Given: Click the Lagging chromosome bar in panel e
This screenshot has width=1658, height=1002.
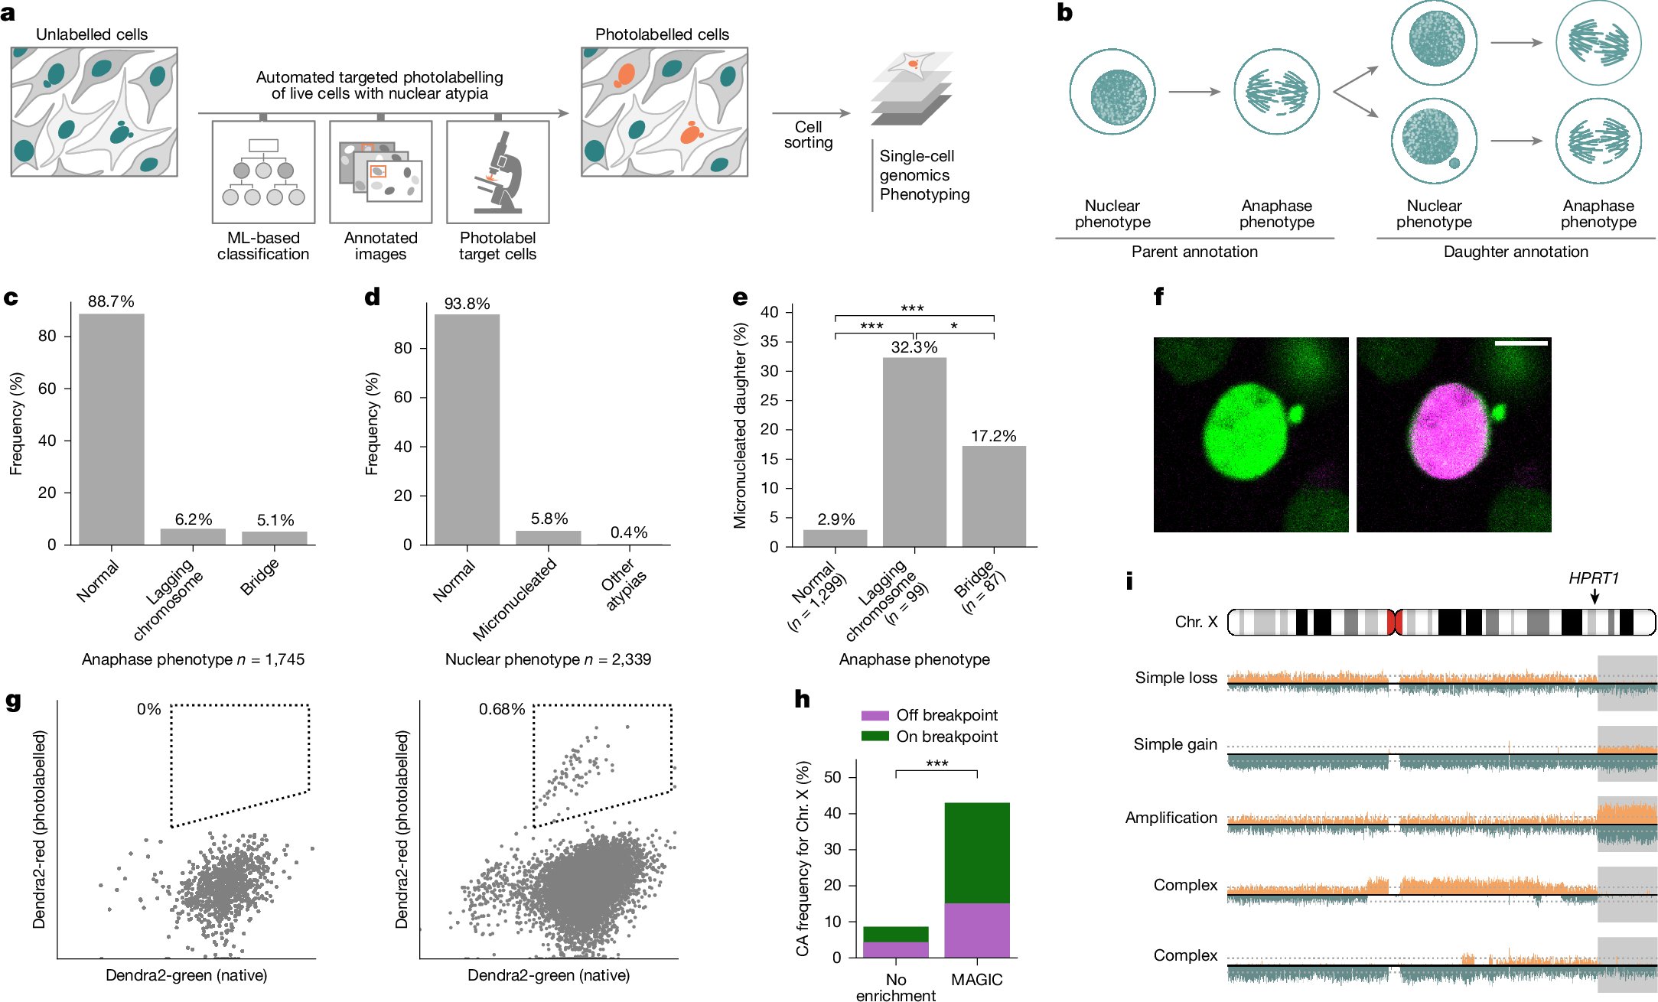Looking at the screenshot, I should [914, 451].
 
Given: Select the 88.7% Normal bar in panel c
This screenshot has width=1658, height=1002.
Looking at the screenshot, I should [111, 428].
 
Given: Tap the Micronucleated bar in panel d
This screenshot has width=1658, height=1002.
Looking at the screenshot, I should [548, 537].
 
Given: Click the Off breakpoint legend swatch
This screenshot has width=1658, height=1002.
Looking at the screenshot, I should [875, 716].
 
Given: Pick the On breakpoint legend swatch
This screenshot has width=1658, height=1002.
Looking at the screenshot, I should [875, 737].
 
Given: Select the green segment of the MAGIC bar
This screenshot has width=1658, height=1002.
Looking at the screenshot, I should [977, 852].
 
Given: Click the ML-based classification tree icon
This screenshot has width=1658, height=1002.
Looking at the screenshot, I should [263, 172].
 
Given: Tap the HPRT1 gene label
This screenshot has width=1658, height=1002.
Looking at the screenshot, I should [1594, 578].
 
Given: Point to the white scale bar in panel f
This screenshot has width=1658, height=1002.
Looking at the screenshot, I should [1520, 343].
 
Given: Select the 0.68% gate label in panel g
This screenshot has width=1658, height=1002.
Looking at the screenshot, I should [501, 710].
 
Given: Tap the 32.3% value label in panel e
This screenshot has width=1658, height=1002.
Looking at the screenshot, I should [914, 347].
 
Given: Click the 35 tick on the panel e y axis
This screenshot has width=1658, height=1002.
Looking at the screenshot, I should [769, 341].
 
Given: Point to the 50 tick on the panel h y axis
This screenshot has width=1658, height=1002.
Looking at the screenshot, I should [832, 777].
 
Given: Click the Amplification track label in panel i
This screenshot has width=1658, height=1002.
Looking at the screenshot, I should [1171, 818].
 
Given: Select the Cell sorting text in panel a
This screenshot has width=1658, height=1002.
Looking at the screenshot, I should [808, 135].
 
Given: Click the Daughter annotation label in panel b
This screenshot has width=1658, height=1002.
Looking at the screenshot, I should [1515, 252].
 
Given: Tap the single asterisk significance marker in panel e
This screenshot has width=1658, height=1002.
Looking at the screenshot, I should [954, 327].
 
